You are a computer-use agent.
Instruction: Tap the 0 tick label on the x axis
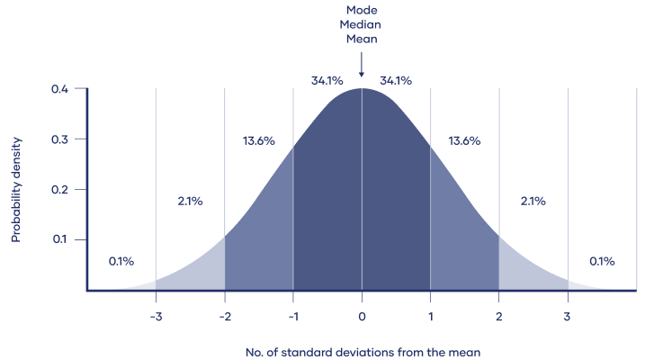[x=362, y=317]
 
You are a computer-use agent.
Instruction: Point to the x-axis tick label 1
[x=430, y=317]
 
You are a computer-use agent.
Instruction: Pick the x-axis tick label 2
[x=499, y=317]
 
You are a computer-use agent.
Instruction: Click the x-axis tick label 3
[x=568, y=317]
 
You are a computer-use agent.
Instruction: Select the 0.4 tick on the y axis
[x=60, y=89]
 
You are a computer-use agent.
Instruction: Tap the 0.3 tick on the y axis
[x=60, y=139]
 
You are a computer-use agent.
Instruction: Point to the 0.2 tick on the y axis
[x=60, y=190]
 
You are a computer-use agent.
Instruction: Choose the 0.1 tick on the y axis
[x=60, y=240]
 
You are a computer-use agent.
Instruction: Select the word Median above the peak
[x=362, y=26]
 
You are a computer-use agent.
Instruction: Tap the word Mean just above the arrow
[x=362, y=40]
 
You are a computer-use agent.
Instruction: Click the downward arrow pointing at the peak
[x=362, y=64]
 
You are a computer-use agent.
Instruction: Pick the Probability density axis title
[x=16, y=191]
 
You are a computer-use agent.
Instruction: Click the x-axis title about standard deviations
[x=362, y=351]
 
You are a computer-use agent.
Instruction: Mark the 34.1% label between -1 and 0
[x=327, y=81]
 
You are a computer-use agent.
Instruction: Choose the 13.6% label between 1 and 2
[x=464, y=141]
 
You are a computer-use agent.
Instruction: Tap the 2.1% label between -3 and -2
[x=190, y=202]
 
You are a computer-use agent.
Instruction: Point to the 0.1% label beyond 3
[x=602, y=262]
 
